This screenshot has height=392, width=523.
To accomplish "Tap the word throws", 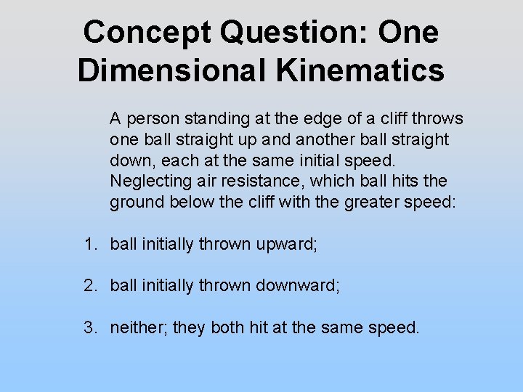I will (438, 118).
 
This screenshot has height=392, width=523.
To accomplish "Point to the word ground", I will (137, 202).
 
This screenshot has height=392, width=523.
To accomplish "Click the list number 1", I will (88, 245).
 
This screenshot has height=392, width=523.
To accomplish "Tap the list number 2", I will (88, 286).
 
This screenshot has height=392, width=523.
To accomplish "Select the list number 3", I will (88, 327).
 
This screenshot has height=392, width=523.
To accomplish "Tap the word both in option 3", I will (227, 327).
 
